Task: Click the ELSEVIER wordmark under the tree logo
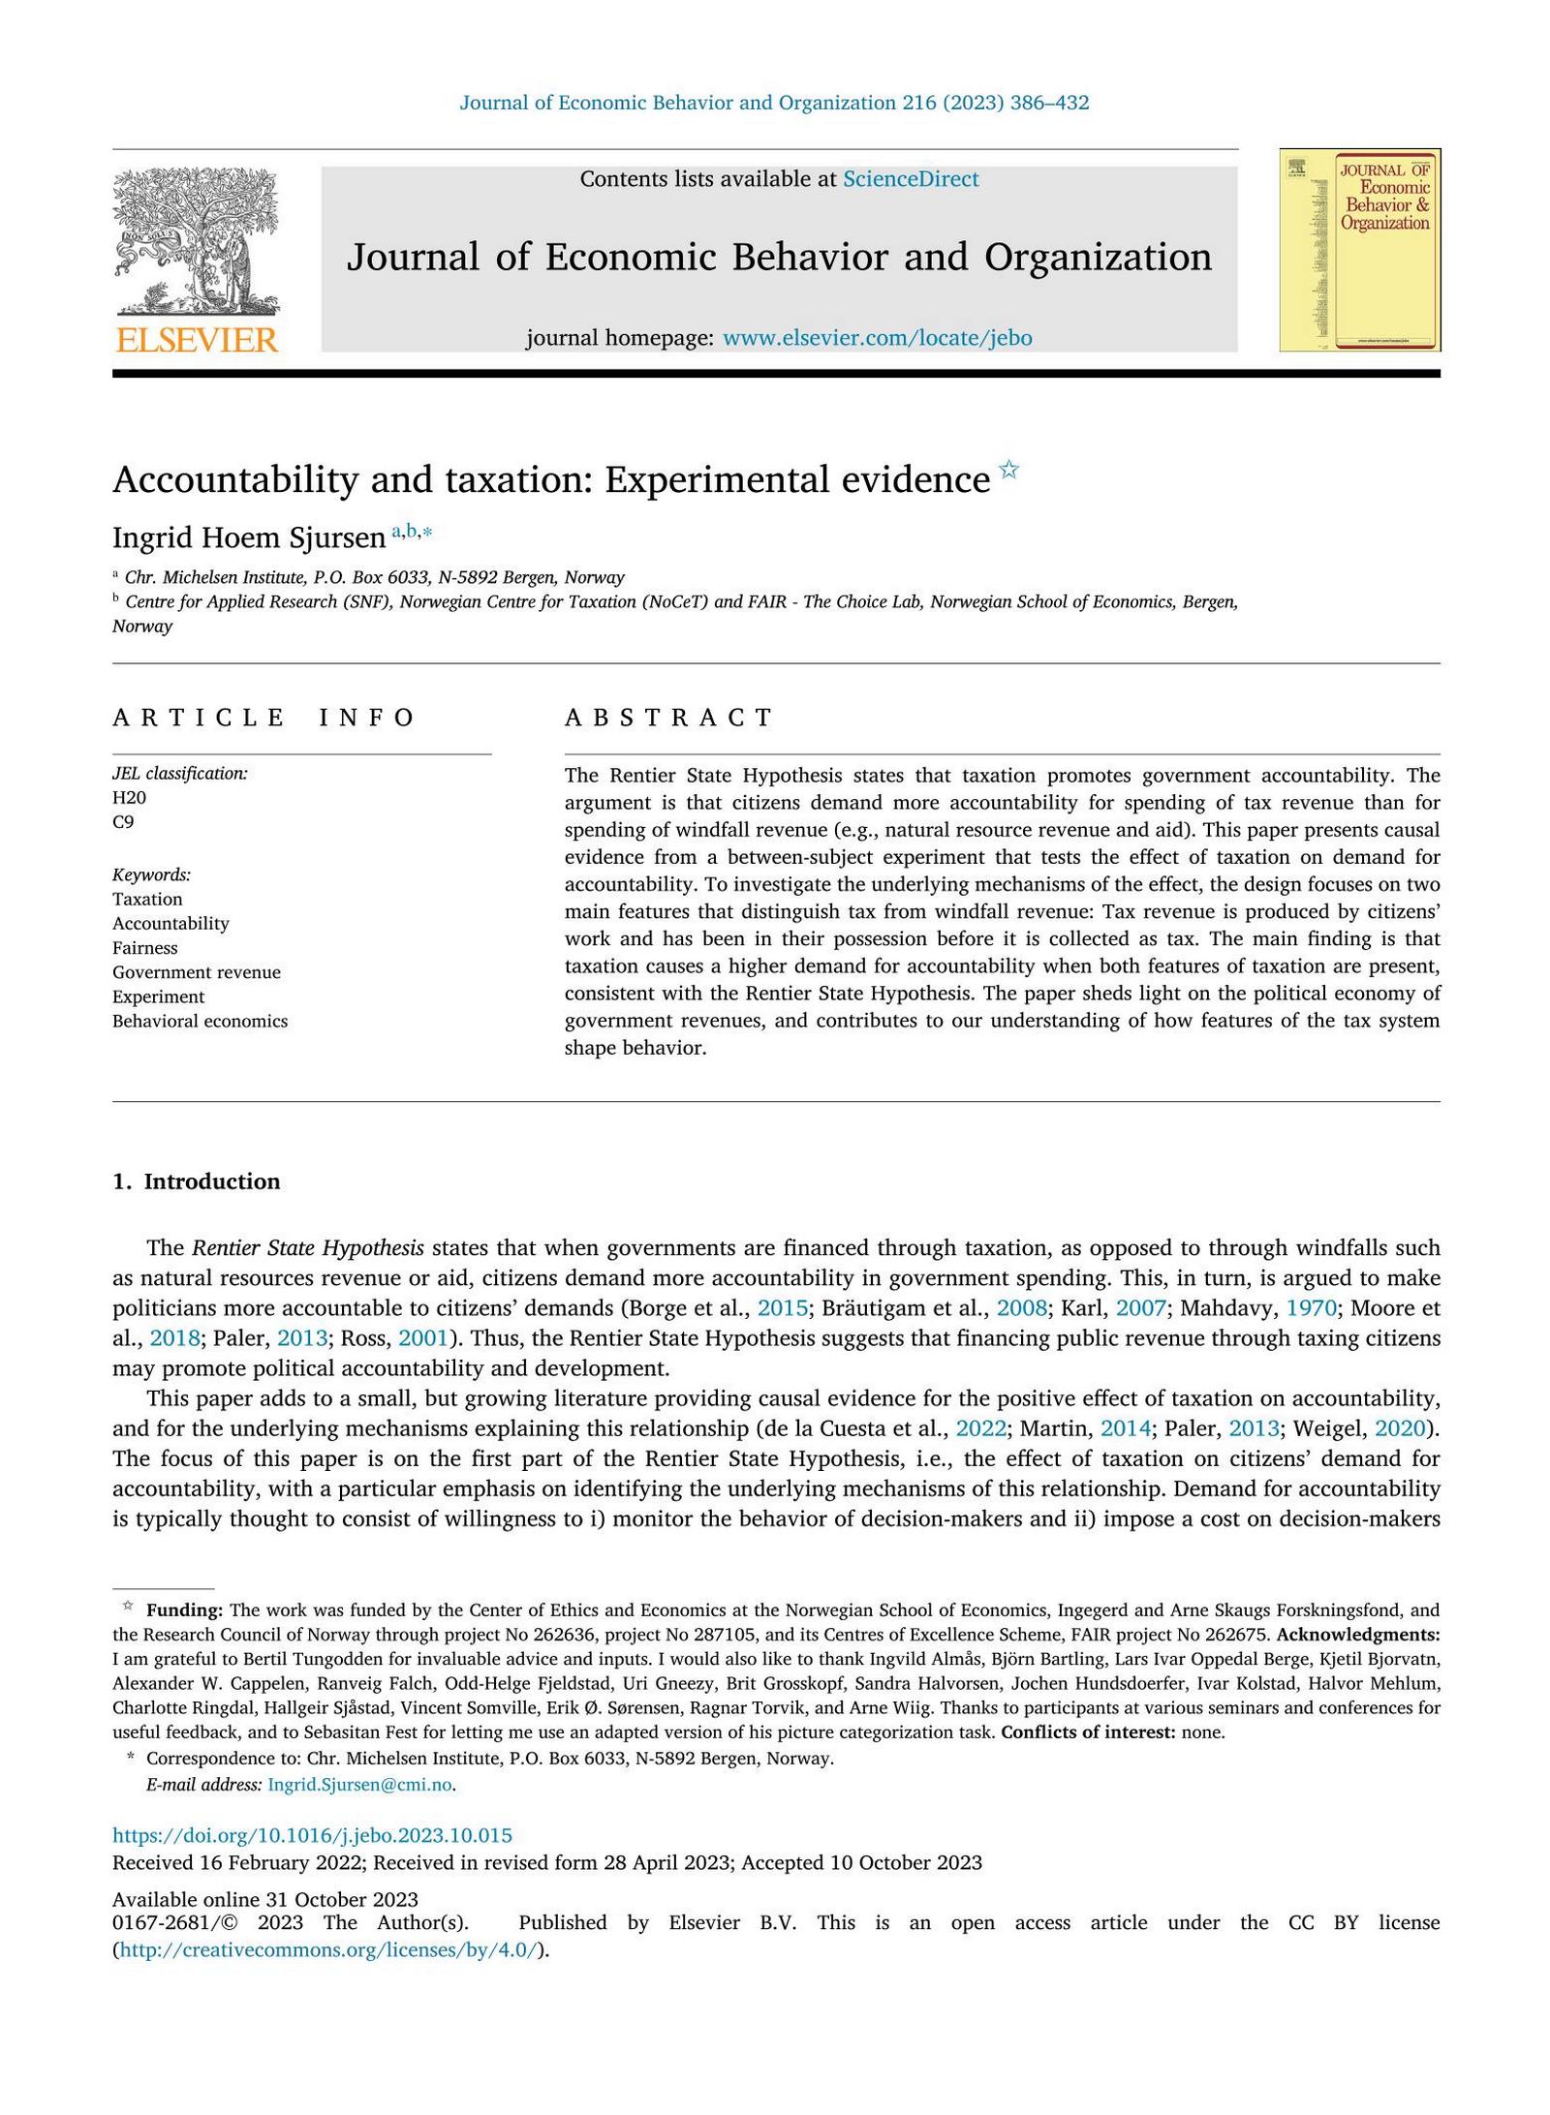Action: click(197, 340)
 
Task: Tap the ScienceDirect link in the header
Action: click(910, 179)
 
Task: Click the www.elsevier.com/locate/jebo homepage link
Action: click(877, 338)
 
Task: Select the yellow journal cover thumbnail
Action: click(1358, 250)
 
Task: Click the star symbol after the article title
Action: click(1008, 471)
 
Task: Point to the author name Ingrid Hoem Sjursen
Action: click(249, 536)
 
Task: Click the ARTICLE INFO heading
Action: click(263, 718)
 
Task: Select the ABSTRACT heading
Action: click(668, 718)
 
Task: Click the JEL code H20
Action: click(129, 798)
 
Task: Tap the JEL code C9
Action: click(123, 822)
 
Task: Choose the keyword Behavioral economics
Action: click(200, 1021)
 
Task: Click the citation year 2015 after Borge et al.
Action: click(782, 1308)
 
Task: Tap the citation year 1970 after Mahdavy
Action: click(1311, 1308)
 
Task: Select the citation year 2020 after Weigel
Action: click(1400, 1428)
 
